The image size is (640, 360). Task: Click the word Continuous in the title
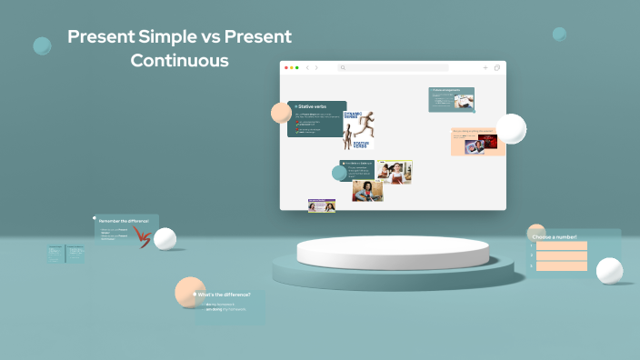[179, 61]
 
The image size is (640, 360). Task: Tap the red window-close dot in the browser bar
[285, 67]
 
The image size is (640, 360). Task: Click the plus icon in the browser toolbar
[485, 67]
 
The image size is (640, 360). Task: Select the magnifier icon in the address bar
[343, 67]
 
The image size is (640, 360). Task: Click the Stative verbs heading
[312, 106]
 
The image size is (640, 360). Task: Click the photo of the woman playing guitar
[367, 191]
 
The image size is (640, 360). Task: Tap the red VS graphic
[142, 237]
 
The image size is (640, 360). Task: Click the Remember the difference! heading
[124, 221]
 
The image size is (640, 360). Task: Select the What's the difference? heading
[224, 295]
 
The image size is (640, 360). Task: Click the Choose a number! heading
[555, 236]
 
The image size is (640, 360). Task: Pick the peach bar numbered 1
[561, 245]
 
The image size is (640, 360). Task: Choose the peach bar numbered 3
[561, 266]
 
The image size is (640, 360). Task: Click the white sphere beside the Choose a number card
[609, 271]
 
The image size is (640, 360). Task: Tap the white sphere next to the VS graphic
[165, 239]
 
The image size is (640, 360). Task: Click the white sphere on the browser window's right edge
[511, 129]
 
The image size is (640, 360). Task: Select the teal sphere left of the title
[42, 45]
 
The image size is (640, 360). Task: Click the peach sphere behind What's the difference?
[188, 292]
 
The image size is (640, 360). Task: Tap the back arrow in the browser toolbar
[307, 67]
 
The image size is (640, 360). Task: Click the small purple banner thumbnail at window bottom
[321, 206]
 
